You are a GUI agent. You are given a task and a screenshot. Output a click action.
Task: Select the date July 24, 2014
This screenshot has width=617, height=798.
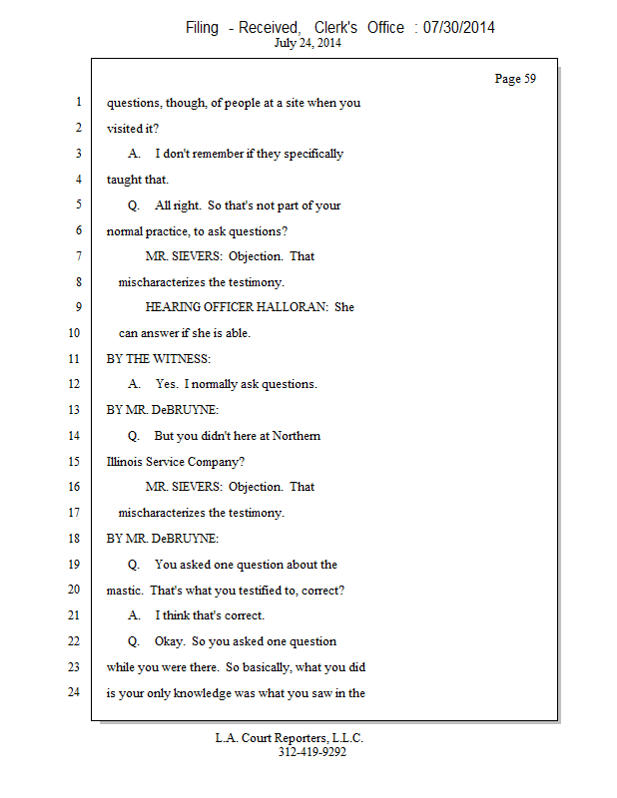[x=308, y=44]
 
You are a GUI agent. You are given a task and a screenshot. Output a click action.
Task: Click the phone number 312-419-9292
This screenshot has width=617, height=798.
[x=312, y=752]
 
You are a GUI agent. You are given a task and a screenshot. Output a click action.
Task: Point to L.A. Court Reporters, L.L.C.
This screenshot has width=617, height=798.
[x=290, y=738]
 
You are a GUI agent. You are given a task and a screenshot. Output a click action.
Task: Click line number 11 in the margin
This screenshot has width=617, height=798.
[x=74, y=358]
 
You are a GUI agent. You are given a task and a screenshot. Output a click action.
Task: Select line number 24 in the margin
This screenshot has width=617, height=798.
[x=74, y=691]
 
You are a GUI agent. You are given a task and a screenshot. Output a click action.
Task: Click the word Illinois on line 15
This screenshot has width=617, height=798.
[x=127, y=461]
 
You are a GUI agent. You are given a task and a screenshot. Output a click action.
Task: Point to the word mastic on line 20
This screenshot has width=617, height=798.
[x=125, y=590]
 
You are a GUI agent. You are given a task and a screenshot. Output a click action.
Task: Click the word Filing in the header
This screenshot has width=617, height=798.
[x=202, y=28]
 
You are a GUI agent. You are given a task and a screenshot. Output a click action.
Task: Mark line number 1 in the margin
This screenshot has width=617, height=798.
[x=77, y=102]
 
